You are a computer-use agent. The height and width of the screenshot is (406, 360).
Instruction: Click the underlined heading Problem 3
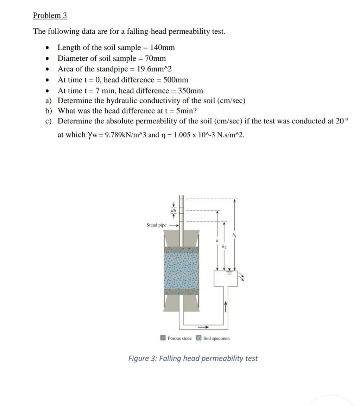(x=50, y=15)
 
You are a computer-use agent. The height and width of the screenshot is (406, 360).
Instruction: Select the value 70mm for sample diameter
(x=155, y=58)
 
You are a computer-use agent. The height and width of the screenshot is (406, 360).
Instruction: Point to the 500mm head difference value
(x=176, y=80)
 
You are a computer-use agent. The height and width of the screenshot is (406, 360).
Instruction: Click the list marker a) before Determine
(x=49, y=101)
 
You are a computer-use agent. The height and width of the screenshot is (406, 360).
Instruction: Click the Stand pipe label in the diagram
(x=156, y=225)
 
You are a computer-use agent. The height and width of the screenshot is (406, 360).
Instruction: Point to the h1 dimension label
(x=234, y=235)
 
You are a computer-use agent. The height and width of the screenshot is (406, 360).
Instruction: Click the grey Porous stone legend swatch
(x=163, y=338)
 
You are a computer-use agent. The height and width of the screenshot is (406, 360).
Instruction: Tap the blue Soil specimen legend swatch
(x=199, y=338)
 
